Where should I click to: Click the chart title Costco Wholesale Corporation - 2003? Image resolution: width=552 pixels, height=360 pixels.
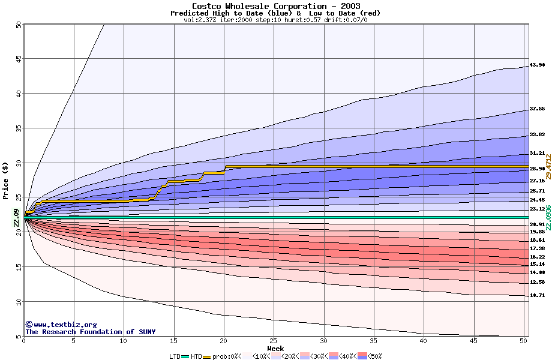(x=276, y=5)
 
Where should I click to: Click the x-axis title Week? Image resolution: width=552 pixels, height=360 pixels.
(x=275, y=348)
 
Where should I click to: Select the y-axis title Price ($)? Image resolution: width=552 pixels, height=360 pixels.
(x=6, y=179)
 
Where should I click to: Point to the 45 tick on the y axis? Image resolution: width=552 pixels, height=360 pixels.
(x=18, y=59)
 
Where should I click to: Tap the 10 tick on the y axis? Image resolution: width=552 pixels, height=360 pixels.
(x=18, y=301)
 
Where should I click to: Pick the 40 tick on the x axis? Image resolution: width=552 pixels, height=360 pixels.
(x=424, y=341)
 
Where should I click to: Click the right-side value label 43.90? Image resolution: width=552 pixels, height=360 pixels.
(x=537, y=65)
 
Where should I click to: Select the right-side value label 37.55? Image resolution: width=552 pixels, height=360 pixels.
(x=537, y=109)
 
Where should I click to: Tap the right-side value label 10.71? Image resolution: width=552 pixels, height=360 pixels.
(x=537, y=295)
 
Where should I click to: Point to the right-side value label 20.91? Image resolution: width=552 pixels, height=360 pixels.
(x=537, y=224)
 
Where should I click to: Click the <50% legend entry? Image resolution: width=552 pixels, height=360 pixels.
(x=368, y=356)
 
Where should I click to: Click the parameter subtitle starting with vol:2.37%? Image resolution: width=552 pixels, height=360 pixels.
(x=275, y=20)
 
